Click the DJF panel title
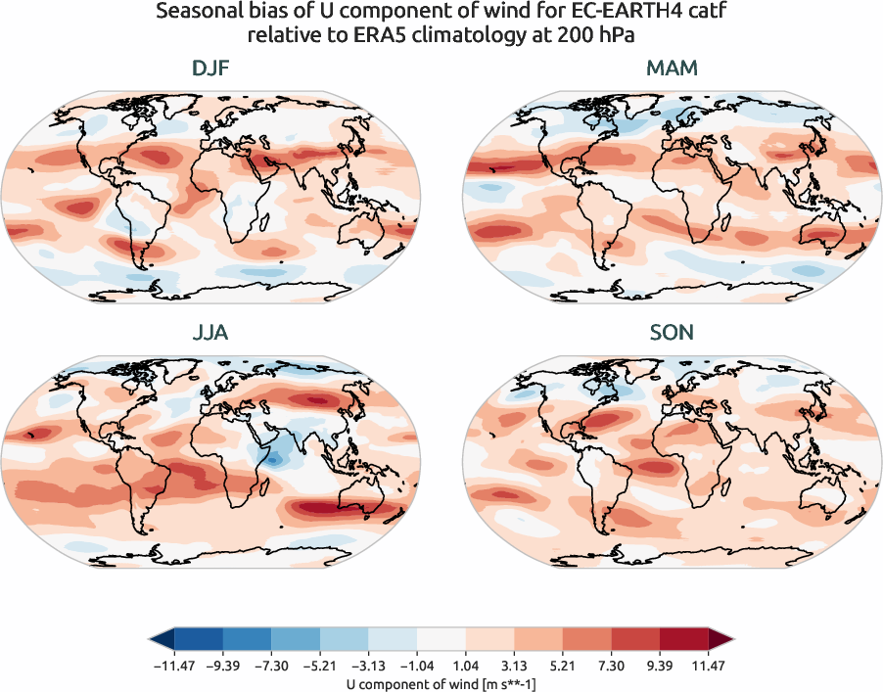tap(210, 69)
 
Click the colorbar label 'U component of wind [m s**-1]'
tap(441, 684)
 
